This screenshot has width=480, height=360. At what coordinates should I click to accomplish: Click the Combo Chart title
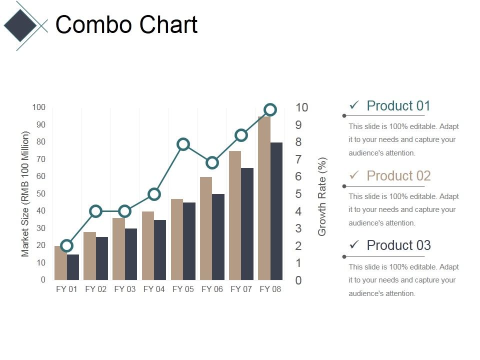click(x=126, y=25)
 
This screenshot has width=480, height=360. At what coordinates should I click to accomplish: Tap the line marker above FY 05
click(x=183, y=144)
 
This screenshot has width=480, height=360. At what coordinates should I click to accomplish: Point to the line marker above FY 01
click(x=66, y=245)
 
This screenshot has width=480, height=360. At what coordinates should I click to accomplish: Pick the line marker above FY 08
click(x=270, y=110)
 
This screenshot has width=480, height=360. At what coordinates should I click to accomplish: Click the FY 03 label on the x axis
click(x=124, y=289)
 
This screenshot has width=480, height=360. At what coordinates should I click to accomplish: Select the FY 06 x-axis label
click(x=212, y=289)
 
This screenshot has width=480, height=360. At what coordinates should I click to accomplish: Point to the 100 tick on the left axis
click(x=39, y=107)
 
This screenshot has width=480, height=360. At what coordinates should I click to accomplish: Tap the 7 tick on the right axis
click(x=298, y=159)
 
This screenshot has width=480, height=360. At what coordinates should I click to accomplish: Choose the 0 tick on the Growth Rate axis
click(x=298, y=280)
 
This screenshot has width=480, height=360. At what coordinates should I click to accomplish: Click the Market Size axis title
click(x=25, y=194)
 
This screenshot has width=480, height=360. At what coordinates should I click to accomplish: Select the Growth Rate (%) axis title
click(x=322, y=196)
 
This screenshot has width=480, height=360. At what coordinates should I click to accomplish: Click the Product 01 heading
click(x=398, y=106)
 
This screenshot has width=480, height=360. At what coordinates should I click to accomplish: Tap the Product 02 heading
click(x=398, y=176)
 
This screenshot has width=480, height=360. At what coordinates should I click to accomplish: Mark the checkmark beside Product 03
click(x=354, y=245)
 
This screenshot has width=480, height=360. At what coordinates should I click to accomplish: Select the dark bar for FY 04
click(x=160, y=249)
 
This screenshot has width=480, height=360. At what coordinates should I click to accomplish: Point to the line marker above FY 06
click(x=212, y=162)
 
